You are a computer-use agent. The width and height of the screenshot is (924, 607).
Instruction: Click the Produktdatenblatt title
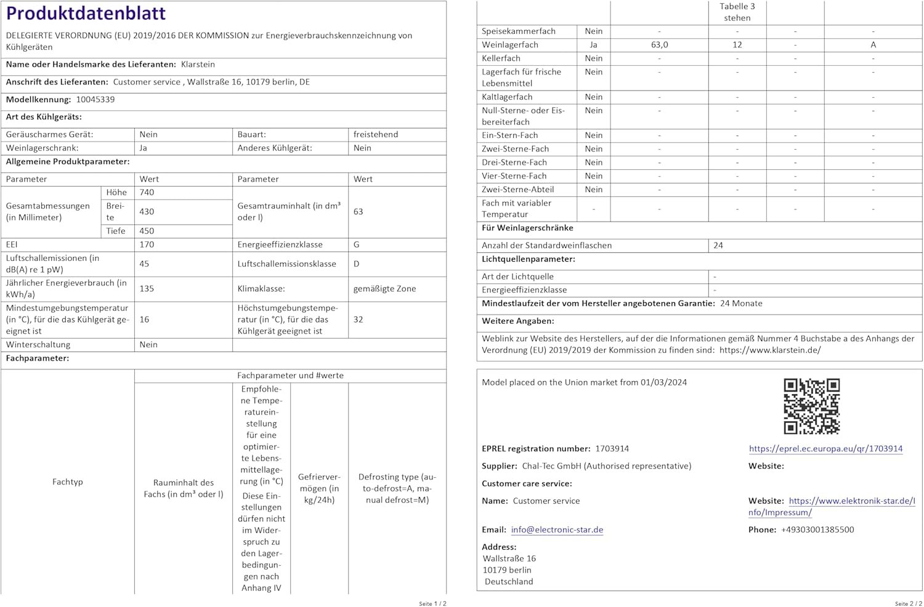(86, 13)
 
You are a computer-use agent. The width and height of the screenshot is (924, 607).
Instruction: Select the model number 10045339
(95, 100)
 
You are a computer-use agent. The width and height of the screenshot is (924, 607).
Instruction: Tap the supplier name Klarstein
(198, 65)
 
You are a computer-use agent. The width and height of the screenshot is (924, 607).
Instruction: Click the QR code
(811, 406)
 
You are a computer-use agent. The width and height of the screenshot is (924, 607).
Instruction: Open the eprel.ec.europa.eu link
(825, 449)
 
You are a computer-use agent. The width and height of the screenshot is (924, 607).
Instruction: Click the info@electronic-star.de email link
(557, 530)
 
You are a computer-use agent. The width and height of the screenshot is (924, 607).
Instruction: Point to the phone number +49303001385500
(817, 530)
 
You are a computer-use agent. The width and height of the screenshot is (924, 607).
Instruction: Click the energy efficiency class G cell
(357, 244)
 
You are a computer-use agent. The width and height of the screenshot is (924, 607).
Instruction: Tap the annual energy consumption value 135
(147, 289)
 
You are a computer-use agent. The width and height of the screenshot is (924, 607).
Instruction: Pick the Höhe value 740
(147, 193)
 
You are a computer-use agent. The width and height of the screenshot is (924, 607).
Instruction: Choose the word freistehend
(376, 134)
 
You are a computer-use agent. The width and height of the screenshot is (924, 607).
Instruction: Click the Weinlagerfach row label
(510, 45)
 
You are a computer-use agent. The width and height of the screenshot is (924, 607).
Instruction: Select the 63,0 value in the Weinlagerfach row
(659, 45)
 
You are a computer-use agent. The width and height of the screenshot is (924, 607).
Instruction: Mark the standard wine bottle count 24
(718, 245)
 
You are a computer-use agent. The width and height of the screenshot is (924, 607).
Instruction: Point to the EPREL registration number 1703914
(612, 449)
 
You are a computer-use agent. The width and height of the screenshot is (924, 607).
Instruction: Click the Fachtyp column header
(68, 482)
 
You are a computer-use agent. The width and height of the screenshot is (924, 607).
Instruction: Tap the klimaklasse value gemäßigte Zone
(384, 289)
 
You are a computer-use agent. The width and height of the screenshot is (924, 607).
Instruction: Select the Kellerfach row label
(501, 58)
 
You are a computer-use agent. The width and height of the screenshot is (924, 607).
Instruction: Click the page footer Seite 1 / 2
(432, 603)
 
